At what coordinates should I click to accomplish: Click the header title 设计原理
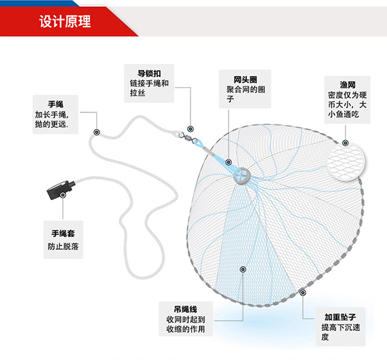pyautogui.click(x=65, y=22)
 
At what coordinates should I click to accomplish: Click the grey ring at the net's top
pyautogui.click(x=242, y=175)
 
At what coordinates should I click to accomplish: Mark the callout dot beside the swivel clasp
pyautogui.click(x=190, y=129)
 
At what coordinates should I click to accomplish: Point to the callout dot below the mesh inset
pyautogui.click(x=345, y=143)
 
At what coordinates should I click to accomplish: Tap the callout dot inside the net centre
pyautogui.click(x=242, y=269)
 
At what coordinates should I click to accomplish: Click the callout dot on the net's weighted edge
pyautogui.click(x=302, y=293)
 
